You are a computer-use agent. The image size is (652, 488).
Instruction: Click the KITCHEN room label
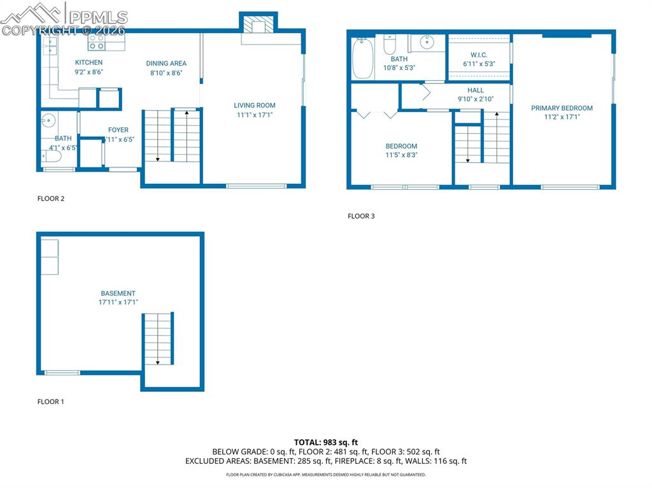click(x=89, y=62)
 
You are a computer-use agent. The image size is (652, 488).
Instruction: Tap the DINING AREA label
click(x=166, y=63)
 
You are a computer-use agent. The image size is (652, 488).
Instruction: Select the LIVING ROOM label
click(x=254, y=106)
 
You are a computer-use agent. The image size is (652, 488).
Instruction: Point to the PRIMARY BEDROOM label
click(x=562, y=108)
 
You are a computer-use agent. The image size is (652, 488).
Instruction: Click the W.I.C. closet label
click(x=479, y=55)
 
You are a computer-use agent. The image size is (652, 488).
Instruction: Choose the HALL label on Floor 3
click(x=475, y=90)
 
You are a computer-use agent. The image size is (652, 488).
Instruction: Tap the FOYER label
click(x=118, y=130)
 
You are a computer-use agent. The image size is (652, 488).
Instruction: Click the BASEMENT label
click(x=118, y=293)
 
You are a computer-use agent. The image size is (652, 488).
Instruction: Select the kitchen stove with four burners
click(x=97, y=42)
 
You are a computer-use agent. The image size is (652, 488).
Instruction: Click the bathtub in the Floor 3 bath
click(x=362, y=58)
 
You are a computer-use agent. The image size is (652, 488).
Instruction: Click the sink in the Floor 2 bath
click(x=47, y=121)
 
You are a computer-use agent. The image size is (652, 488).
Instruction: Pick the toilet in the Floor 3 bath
click(x=390, y=45)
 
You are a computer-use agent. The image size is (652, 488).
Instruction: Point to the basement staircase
click(x=157, y=338)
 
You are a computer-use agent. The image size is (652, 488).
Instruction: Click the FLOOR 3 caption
click(x=361, y=216)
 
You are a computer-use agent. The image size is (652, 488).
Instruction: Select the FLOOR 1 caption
click(x=51, y=401)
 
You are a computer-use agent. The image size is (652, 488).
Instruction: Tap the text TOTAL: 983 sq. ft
click(x=326, y=442)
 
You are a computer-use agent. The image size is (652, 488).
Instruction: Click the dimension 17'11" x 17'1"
click(x=118, y=302)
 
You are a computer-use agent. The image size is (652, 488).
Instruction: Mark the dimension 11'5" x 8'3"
click(x=401, y=155)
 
